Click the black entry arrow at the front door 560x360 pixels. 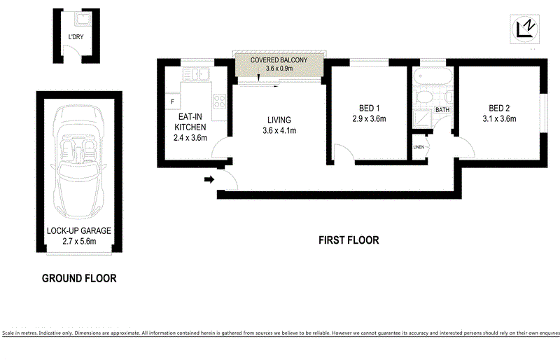coord(209,180)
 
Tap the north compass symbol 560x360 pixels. coord(524,28)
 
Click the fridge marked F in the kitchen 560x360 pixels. coord(172,102)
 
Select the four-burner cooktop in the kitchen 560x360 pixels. coord(218,102)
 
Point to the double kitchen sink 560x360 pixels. coord(199,73)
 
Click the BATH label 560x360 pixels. coord(442,110)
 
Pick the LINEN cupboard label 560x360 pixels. coord(419,147)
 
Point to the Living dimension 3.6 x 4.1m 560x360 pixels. coord(279,130)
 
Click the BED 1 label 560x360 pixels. coord(369,108)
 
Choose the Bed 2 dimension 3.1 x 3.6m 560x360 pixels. coord(498,118)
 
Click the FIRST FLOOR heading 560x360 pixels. coord(349,240)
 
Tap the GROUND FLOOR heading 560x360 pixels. coord(79,278)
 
